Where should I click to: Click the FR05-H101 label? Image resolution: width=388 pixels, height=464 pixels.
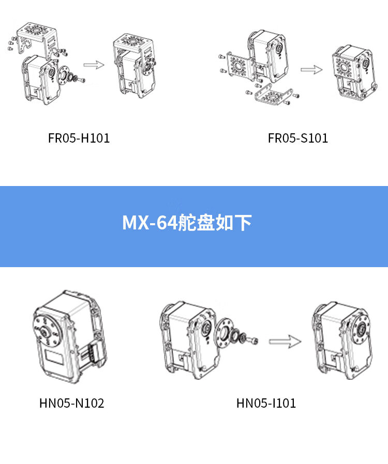tap(79, 138)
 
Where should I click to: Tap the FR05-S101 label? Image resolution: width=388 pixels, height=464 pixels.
tap(298, 138)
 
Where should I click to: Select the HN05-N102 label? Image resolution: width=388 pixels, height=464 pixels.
tap(72, 403)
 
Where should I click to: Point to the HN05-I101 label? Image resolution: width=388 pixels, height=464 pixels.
tap(266, 403)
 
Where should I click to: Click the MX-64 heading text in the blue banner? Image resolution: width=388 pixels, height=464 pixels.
tap(187, 223)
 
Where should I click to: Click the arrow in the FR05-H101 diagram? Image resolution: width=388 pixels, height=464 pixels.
tap(94, 65)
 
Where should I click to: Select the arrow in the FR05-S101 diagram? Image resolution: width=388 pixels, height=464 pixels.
tap(311, 70)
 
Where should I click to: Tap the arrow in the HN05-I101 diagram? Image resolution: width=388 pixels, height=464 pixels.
tap(285, 342)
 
